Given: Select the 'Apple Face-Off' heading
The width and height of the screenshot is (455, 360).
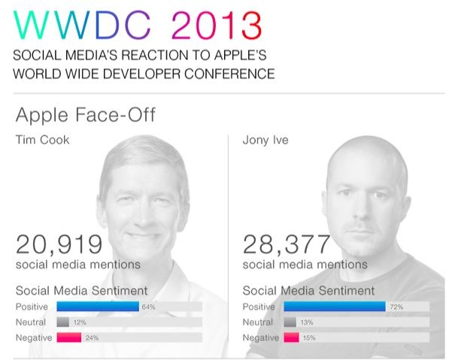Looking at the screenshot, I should pos(85,116).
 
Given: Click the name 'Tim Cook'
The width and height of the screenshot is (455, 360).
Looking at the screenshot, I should pos(42,140).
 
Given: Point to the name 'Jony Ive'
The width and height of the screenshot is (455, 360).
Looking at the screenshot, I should pos(265,140).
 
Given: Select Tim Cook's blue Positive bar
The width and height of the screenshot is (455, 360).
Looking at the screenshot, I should pos(98,307).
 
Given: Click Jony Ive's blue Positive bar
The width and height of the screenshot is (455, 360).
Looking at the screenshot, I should pos(335,307).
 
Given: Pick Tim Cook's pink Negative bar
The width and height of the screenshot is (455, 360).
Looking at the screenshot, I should pos(69,337).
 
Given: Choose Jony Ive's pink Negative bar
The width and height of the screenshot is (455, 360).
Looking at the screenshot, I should pos(291,337).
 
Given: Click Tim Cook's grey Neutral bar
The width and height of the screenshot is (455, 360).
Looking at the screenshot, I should pos(62,322).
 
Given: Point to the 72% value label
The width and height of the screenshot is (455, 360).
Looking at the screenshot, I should pos(394,307).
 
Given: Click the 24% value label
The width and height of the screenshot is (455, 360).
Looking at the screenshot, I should pos(92,337).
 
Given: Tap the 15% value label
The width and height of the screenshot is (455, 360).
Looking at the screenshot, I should pos(308,337).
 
